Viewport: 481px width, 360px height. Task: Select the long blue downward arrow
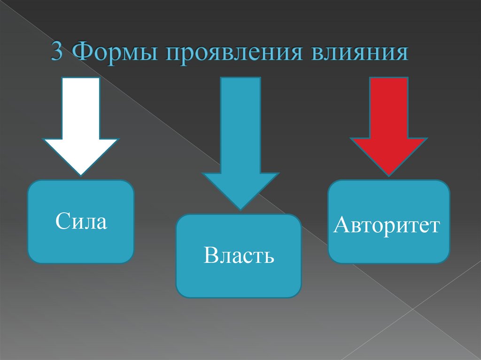240,141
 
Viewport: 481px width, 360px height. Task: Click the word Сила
81,221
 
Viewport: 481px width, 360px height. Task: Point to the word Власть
239,256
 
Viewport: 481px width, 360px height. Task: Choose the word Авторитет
387,225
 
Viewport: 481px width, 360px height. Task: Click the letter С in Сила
62,221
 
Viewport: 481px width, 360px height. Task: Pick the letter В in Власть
209,256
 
